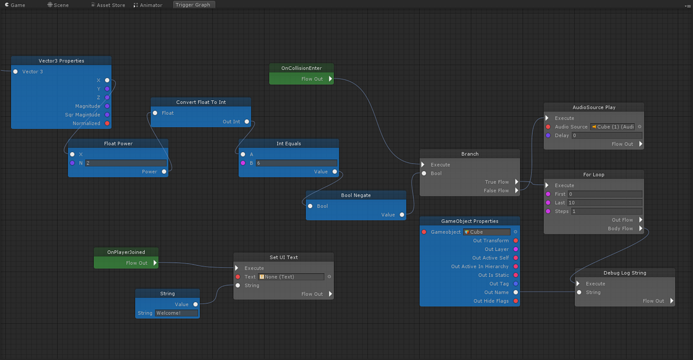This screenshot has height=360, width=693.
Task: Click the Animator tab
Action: click(147, 5)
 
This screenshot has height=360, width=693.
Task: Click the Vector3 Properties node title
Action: click(61, 61)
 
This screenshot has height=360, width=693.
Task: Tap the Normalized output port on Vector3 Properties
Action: click(107, 123)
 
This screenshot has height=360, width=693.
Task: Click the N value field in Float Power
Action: click(126, 163)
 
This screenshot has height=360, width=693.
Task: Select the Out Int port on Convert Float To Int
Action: click(247, 122)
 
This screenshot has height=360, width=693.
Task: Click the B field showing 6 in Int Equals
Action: click(296, 163)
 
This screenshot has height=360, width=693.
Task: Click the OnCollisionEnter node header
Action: click(302, 68)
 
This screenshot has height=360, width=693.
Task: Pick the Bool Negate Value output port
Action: click(402, 215)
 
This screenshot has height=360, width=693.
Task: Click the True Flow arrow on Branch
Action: click(517, 182)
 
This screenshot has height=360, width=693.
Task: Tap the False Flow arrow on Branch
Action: click(517, 191)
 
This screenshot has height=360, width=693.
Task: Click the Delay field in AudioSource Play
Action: click(607, 135)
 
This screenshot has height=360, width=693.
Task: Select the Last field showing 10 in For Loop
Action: click(605, 202)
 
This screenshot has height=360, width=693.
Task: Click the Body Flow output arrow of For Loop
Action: click(640, 228)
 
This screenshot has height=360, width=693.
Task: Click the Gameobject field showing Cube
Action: click(487, 232)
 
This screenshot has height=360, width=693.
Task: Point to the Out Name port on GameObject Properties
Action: click(515, 292)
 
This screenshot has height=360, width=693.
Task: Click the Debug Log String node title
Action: click(625, 273)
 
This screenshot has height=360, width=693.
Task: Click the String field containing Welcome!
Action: click(176, 313)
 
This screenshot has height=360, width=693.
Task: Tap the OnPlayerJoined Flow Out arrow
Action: click(155, 263)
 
